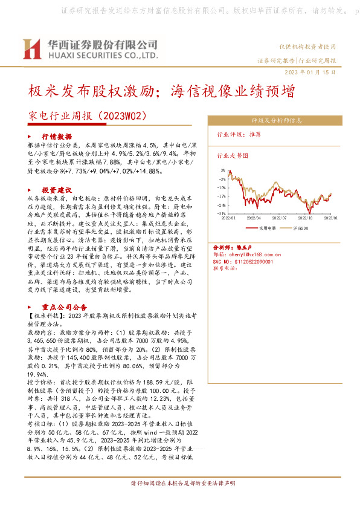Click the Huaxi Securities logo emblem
point(32,50)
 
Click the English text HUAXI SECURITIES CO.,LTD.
point(102,55)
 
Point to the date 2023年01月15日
point(309,72)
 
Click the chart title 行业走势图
point(233,155)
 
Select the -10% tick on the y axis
point(222,187)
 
